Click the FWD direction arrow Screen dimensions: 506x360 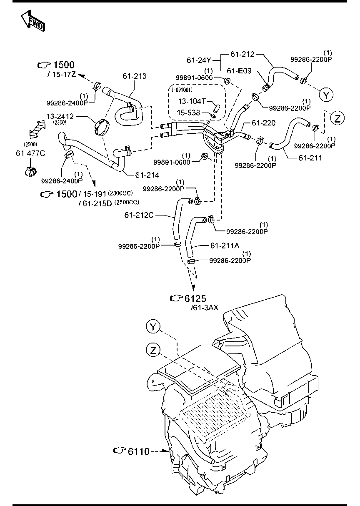pos(32,21)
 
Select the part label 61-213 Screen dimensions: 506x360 pos(134,76)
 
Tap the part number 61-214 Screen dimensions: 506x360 pos(147,175)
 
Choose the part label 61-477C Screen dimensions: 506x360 pos(30,153)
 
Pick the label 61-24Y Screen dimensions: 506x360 pos(200,60)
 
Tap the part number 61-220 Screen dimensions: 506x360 pos(264,123)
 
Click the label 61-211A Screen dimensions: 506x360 pos(225,246)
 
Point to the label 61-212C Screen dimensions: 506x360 pos(139,215)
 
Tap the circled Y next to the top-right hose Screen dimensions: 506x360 pos(327,95)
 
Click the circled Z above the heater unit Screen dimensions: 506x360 pos(153,351)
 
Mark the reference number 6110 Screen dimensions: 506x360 pos(138,451)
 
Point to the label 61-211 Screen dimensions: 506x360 pos(310,158)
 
